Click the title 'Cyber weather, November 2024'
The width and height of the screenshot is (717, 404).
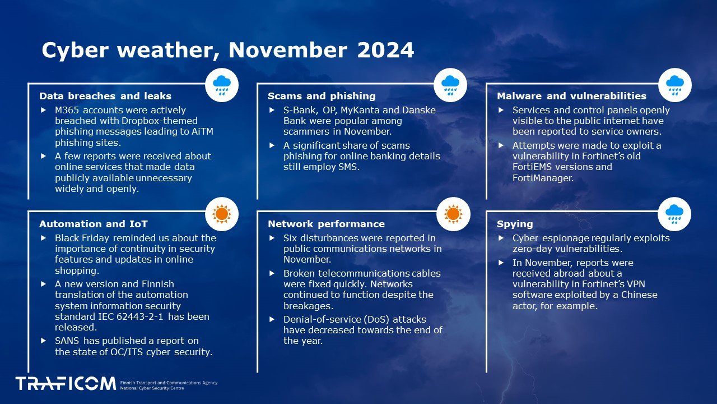[227, 50]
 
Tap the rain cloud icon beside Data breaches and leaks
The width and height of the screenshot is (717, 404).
[222, 85]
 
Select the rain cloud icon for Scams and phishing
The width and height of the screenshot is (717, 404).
[450, 85]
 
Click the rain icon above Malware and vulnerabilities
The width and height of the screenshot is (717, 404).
[674, 85]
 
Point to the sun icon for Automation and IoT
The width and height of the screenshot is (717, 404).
[222, 213]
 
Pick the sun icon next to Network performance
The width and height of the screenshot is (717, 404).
[453, 213]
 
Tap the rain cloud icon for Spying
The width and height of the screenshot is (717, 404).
[674, 213]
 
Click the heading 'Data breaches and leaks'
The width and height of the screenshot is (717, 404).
[105, 96]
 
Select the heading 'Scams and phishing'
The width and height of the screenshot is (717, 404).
[322, 96]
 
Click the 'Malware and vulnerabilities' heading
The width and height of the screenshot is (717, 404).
[571, 96]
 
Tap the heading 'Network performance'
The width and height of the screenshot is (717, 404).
[326, 224]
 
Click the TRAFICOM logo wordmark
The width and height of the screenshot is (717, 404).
[66, 384]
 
